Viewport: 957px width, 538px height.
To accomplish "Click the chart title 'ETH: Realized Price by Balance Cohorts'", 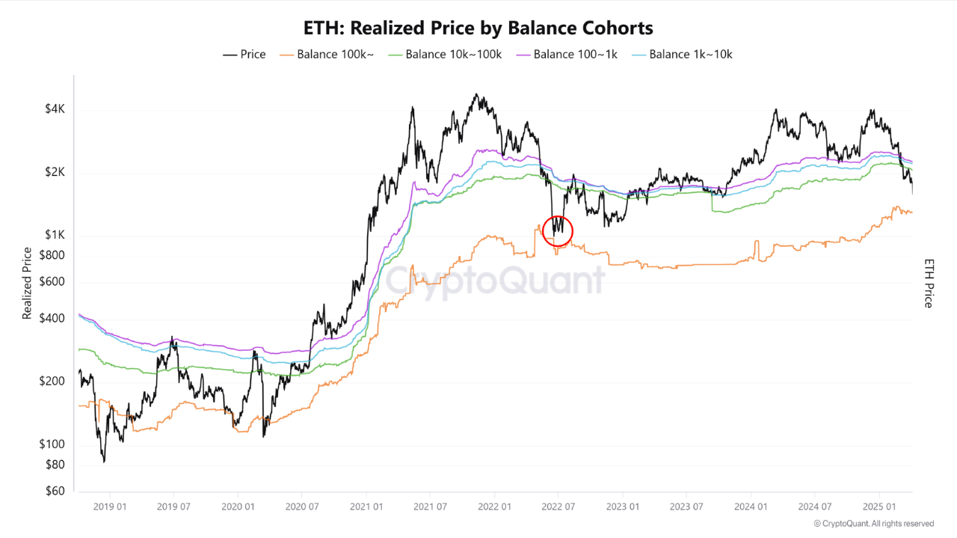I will (x=478, y=28).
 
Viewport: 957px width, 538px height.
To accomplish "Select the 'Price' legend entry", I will (x=244, y=54).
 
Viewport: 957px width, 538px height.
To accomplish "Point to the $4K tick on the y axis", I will (x=55, y=109).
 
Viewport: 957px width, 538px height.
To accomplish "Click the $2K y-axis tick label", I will (x=55, y=172).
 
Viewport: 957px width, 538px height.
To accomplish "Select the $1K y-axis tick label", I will (x=55, y=235).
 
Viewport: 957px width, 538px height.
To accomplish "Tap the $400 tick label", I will (x=52, y=318).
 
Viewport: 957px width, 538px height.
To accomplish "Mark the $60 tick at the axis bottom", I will (x=55, y=491).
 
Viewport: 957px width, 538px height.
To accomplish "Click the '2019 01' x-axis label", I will (x=110, y=506).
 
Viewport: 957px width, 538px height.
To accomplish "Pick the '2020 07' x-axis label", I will (x=301, y=506).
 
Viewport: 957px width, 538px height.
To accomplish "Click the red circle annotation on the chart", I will (x=557, y=230).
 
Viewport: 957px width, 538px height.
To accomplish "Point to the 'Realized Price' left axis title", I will (x=27, y=284).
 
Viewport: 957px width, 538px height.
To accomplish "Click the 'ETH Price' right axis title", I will (x=929, y=284).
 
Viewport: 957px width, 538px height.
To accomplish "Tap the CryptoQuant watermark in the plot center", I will (x=494, y=281).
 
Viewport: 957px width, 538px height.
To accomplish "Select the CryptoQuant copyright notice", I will (x=873, y=524).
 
